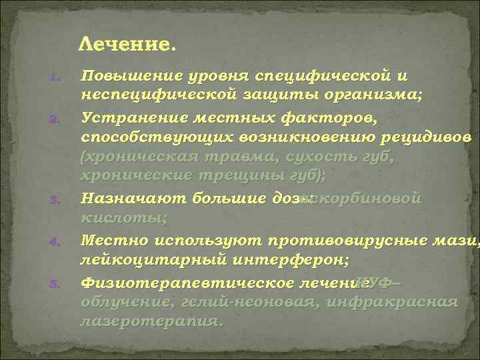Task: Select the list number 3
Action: [57, 200]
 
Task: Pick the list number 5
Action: [57, 285]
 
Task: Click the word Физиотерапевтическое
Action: [187, 283]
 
